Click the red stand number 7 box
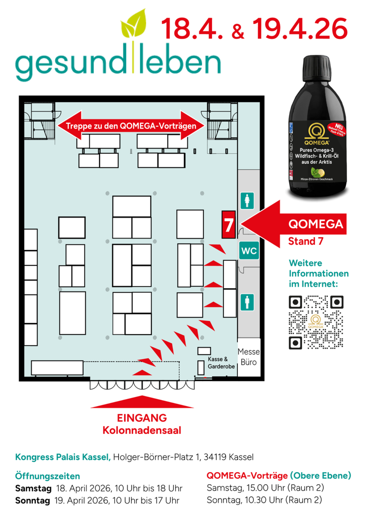tap(228, 224)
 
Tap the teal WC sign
tap(249, 250)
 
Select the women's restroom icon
tap(247, 201)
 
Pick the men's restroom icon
tap(247, 302)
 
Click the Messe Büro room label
tap(249, 357)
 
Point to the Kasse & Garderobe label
tap(221, 363)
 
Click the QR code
tap(316, 322)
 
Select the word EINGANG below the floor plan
tap(142, 418)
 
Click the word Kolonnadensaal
tap(142, 430)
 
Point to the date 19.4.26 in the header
tap(300, 29)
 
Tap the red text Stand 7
tap(306, 241)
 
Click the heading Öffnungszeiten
tap(48, 476)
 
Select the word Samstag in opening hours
tap(33, 488)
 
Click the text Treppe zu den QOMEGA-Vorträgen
tap(131, 126)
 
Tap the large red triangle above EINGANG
tap(142, 402)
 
